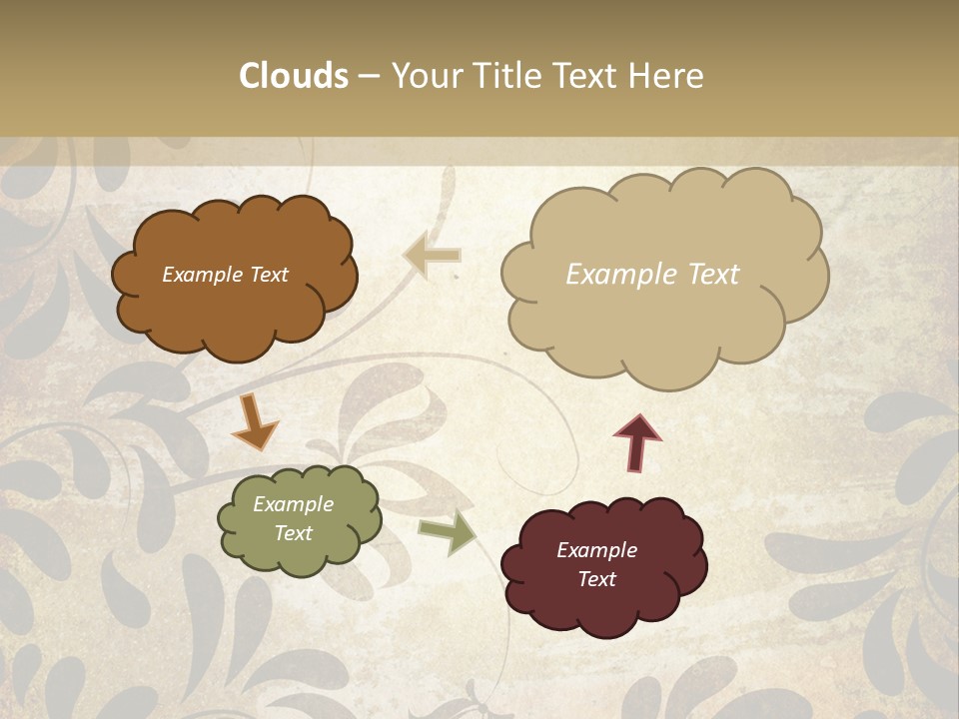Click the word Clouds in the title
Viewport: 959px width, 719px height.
tap(294, 76)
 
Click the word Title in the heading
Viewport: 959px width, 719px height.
tap(509, 76)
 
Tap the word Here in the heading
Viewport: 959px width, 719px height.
tap(667, 76)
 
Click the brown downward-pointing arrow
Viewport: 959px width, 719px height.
tap(255, 420)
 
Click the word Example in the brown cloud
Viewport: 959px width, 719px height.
tap(201, 275)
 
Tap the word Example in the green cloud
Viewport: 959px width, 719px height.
tap(293, 504)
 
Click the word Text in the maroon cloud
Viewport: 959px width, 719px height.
tap(596, 579)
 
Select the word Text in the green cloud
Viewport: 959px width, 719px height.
tap(293, 533)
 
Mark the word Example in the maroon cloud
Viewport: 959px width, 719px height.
tap(596, 550)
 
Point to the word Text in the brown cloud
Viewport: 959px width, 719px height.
tap(268, 275)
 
